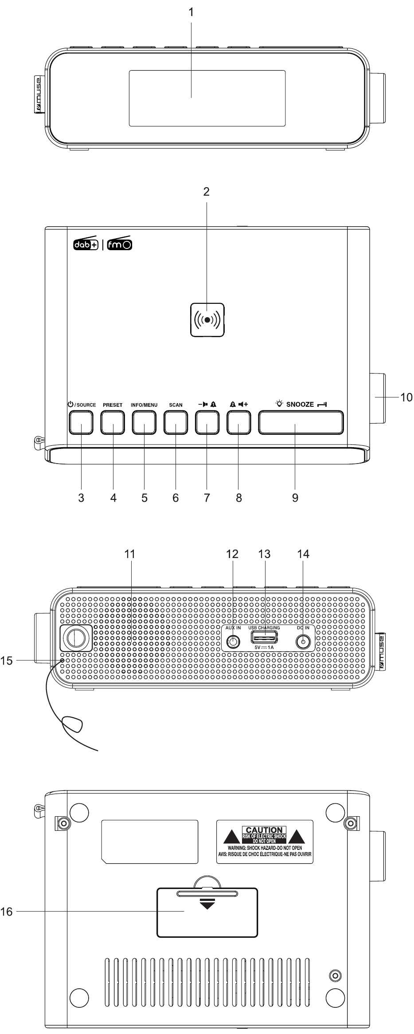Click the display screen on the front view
click(207, 98)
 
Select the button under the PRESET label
click(113, 422)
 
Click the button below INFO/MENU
click(145, 422)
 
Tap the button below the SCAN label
click(176, 422)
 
